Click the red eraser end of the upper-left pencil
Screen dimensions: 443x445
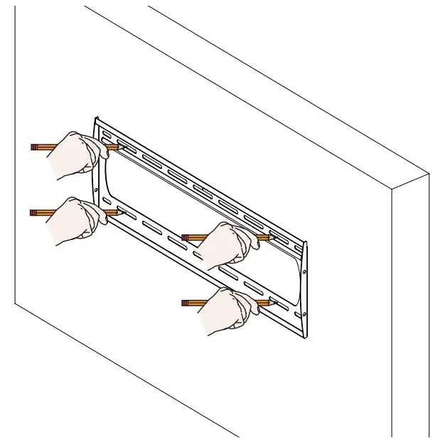pyautogui.click(x=33, y=147)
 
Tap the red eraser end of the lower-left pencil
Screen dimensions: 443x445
pyautogui.click(x=33, y=212)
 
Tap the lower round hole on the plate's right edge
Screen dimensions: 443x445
pyautogui.click(x=304, y=314)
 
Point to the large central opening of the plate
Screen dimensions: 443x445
pyautogui.click(x=199, y=214)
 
